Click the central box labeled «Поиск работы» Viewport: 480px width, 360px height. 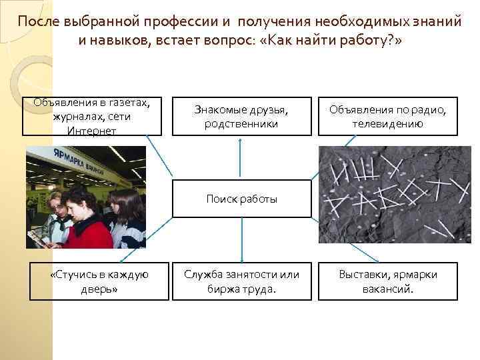[x=241, y=199]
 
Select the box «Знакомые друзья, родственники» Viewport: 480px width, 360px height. [x=241, y=117]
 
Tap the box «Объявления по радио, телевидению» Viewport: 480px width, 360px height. [x=388, y=117]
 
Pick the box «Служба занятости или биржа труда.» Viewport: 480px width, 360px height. [x=241, y=282]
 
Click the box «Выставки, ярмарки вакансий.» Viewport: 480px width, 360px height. [x=388, y=282]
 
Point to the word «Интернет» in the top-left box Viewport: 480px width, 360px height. [x=91, y=131]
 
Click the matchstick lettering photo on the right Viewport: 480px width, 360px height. [x=395, y=195]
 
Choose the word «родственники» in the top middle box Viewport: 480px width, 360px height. [x=241, y=124]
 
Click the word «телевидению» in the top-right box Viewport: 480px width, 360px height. [x=388, y=124]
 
